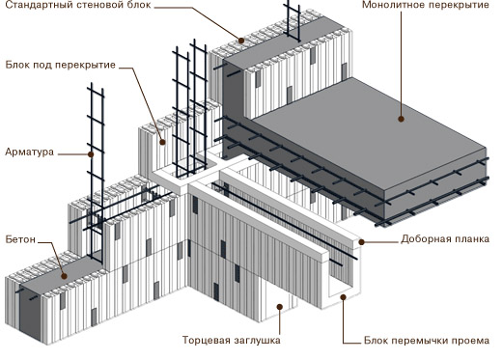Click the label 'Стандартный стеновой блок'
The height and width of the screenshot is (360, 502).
78,5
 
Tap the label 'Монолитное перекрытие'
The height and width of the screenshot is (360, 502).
426,5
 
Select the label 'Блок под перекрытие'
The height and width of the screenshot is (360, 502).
61,65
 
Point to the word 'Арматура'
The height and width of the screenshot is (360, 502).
30,152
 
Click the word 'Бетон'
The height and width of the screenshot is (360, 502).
20,239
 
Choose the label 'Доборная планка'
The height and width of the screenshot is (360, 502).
445,239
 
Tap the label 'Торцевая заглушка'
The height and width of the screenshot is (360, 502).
232,340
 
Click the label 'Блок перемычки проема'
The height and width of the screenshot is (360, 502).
427,340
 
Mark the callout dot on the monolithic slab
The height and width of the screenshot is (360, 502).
401,119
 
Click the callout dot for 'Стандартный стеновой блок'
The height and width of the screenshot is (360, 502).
241,41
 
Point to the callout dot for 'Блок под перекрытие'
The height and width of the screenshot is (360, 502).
163,142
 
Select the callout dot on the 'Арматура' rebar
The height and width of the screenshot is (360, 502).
91,154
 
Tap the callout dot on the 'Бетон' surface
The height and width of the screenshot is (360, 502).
65,276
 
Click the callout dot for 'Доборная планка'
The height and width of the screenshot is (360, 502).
361,242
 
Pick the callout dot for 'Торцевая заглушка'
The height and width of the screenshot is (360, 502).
280,307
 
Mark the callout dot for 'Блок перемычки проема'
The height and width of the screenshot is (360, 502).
344,297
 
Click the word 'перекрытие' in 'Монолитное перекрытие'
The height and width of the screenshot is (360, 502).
459,5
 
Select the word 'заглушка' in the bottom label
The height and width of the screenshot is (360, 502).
257,341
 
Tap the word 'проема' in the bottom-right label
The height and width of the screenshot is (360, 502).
472,341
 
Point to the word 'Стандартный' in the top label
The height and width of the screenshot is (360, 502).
37,5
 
